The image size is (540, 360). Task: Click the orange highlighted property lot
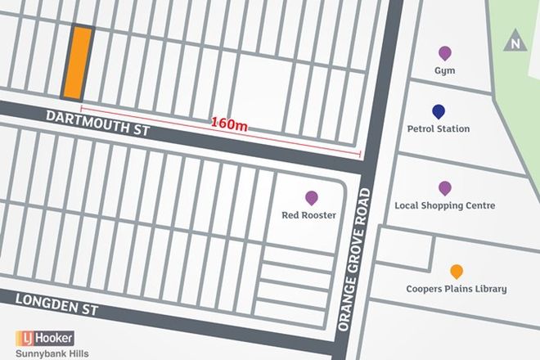tap(76, 62)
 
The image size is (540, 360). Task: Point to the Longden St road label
tap(56, 304)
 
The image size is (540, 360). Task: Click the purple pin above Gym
tap(444, 54)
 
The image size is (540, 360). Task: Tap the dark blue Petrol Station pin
tap(439, 112)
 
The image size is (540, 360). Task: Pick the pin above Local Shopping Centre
tap(444, 189)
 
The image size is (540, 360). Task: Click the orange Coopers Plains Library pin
tap(457, 272)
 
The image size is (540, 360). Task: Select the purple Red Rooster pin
tap(311, 198)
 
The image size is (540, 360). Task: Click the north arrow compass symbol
tap(514, 43)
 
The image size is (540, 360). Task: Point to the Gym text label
tap(444, 70)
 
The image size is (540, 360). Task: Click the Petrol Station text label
tap(439, 128)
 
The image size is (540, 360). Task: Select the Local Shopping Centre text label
tap(444, 206)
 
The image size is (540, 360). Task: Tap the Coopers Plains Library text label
tap(457, 289)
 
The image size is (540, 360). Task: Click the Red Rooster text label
tap(311, 215)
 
